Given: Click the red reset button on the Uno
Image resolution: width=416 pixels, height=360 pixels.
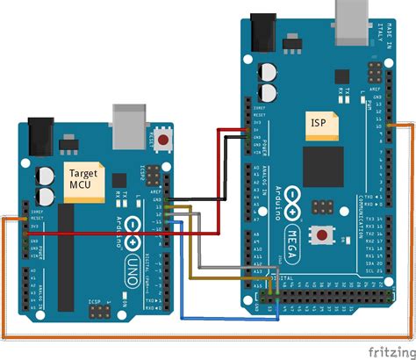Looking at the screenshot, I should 162,140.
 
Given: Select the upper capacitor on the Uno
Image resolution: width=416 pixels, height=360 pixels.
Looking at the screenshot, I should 44,176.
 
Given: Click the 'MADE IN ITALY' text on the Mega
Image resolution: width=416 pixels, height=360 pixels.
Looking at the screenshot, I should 385,31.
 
